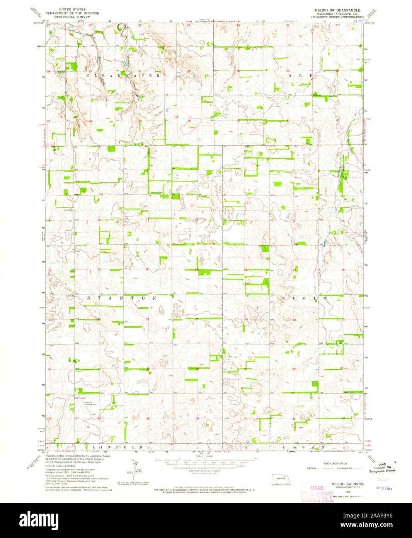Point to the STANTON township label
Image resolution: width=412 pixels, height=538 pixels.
[x=121, y=298]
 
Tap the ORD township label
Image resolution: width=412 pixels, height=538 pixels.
[x=300, y=76]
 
